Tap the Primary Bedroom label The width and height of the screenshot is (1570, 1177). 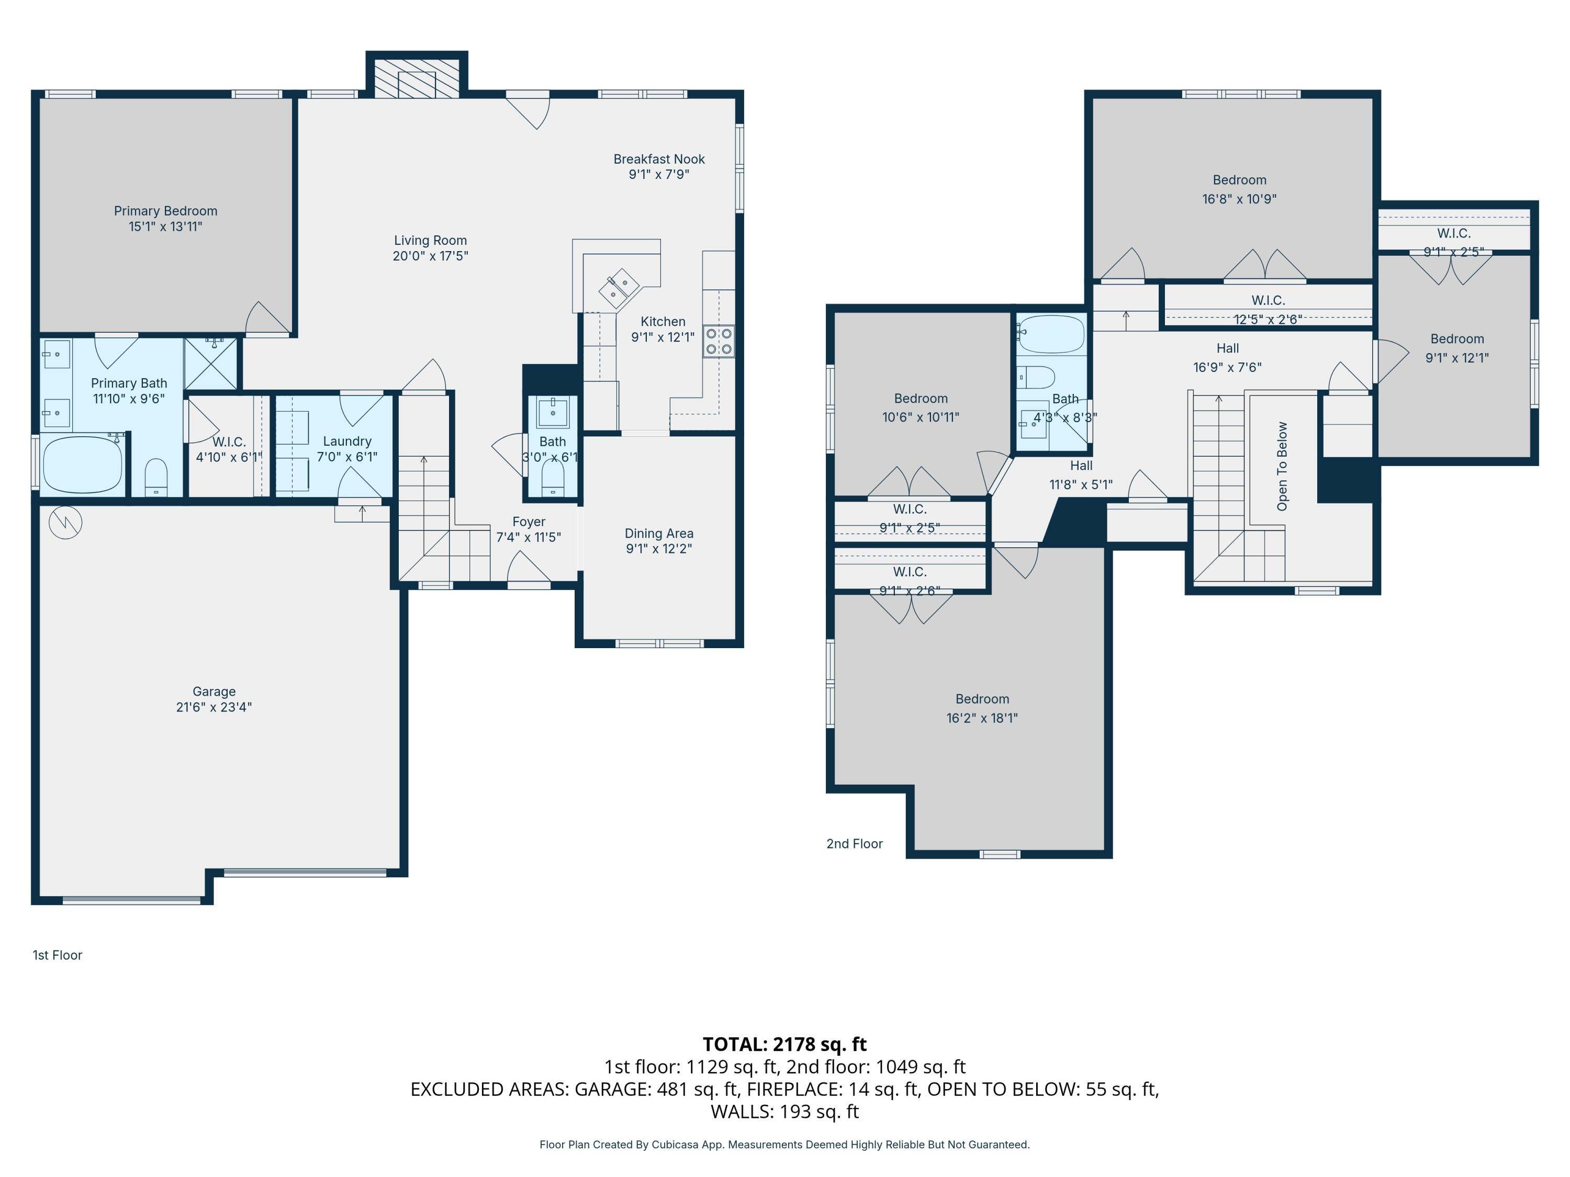point(165,211)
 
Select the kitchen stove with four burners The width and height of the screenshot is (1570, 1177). point(719,341)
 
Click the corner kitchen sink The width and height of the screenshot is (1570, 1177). point(618,286)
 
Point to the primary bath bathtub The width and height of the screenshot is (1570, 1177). point(82,465)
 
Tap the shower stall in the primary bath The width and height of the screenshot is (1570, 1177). point(211,363)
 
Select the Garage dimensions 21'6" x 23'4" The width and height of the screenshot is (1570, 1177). point(214,707)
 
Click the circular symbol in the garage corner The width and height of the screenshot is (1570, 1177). point(65,524)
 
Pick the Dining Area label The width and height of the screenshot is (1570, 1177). point(659,534)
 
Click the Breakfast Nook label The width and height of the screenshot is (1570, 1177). point(659,160)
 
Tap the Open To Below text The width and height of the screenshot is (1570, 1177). point(1282,466)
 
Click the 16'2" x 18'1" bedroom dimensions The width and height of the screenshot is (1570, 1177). point(982,718)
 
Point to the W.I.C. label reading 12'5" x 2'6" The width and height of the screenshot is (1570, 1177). point(1268,319)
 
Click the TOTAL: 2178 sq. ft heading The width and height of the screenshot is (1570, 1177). point(784,1044)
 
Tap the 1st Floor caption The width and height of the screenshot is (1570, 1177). point(58,955)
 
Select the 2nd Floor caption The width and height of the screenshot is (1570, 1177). point(854,844)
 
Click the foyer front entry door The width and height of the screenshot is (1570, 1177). point(529,572)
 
